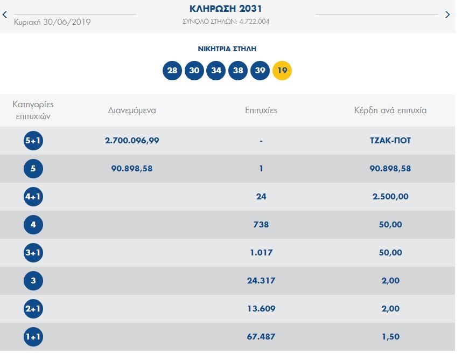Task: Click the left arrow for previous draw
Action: coord(4,15)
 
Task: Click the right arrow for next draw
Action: coord(447,15)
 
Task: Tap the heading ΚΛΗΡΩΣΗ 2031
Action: coord(226,9)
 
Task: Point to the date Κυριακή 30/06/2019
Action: coord(52,22)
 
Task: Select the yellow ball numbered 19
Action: coord(282,71)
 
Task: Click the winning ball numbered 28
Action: coord(172,71)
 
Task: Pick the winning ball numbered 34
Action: coord(216,71)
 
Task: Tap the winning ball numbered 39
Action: coord(260,71)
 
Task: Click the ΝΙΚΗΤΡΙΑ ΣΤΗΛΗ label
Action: coord(227,49)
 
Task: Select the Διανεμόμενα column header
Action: coord(131,110)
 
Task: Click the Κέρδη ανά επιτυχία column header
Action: coord(390,110)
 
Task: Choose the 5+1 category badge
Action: coord(33,141)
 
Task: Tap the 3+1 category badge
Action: coord(33,253)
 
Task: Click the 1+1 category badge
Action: coord(33,337)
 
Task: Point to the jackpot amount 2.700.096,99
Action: coord(132,141)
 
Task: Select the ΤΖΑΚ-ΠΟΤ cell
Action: coord(390,141)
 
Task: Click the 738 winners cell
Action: coord(261,225)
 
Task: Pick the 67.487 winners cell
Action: coord(261,337)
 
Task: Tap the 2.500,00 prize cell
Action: coord(390,197)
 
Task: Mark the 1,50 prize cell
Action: coord(390,337)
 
